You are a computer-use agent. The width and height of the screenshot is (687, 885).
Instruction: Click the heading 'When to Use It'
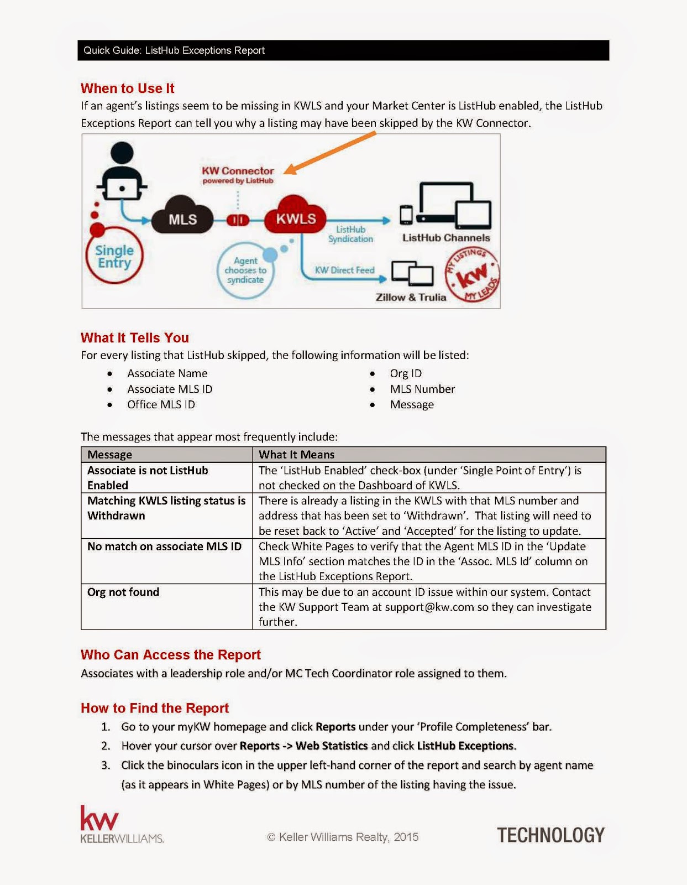click(127, 88)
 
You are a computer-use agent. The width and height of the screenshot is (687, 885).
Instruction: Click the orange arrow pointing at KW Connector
click(332, 152)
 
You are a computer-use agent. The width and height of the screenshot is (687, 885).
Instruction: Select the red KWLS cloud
click(295, 217)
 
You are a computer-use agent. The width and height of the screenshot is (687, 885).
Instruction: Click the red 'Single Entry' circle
click(114, 257)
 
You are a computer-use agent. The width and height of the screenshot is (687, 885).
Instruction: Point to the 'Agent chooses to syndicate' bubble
click(245, 270)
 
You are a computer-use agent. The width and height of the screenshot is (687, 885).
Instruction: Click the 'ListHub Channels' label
click(446, 238)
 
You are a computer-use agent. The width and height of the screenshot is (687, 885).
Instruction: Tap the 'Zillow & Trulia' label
click(411, 298)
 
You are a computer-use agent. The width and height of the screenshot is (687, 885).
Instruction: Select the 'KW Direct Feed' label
click(344, 270)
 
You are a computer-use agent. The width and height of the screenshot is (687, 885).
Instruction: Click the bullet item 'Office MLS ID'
click(161, 405)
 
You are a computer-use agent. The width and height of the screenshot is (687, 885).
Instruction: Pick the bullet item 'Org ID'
click(406, 374)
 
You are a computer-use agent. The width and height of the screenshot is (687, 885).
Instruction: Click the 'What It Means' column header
click(297, 455)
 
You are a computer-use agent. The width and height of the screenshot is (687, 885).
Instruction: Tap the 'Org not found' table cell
click(123, 592)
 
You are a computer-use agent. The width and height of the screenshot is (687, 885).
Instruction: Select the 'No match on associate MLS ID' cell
click(164, 546)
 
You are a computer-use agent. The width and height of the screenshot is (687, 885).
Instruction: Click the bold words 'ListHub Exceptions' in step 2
click(465, 746)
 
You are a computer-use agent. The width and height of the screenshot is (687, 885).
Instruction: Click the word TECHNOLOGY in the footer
click(550, 835)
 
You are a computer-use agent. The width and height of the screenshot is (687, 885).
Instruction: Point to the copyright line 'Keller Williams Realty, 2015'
click(343, 837)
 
